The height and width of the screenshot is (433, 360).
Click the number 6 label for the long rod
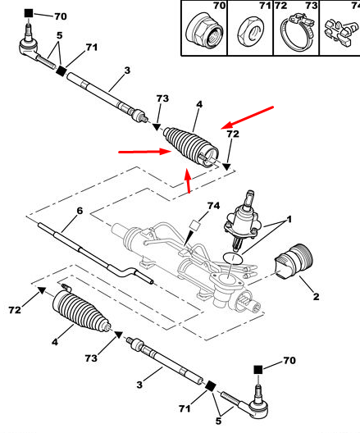tap(80, 211)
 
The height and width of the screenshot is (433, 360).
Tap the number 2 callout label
tap(316, 297)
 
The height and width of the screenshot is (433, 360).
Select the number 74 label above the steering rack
tap(214, 206)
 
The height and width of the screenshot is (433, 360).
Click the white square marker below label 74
tap(195, 225)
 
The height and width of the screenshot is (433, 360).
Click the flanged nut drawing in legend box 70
tap(204, 33)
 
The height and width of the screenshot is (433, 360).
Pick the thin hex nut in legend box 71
tap(251, 33)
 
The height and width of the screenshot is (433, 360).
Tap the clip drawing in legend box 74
tap(339, 32)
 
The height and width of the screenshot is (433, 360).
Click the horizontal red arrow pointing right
tap(144, 152)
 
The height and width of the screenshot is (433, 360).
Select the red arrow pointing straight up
tap(188, 180)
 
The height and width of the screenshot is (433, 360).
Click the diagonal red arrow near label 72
tap(247, 117)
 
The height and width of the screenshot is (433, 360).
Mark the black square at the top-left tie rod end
tap(29, 13)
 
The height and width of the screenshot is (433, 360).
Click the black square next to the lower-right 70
tap(257, 370)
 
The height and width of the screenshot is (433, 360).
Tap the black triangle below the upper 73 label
tap(157, 127)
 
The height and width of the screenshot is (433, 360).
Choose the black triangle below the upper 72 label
tap(226, 166)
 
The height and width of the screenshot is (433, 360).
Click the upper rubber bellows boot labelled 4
tap(191, 147)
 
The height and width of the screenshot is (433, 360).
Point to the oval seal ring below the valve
tap(233, 258)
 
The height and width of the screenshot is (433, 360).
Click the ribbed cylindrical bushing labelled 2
tap(294, 262)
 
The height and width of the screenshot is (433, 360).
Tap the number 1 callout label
tap(289, 220)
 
